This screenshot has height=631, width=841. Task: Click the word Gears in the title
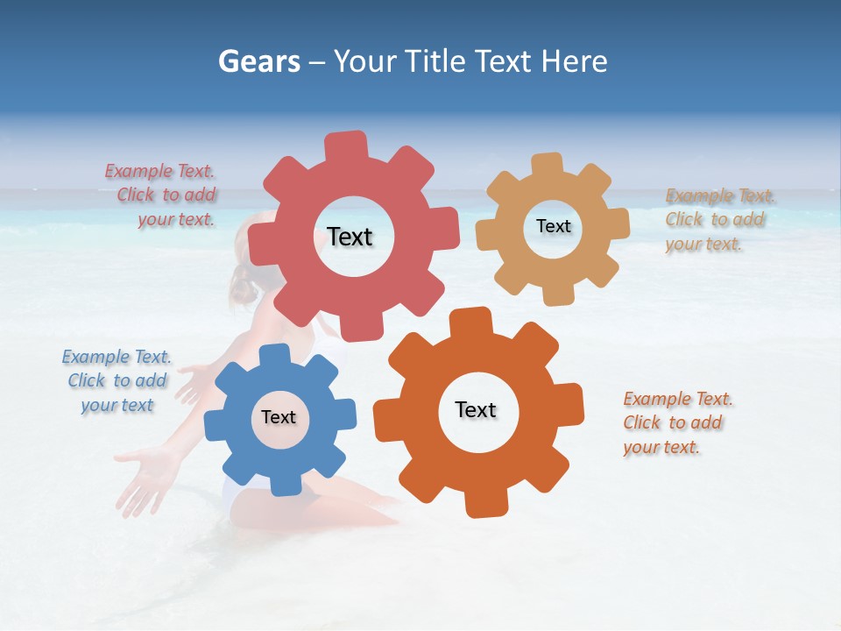(x=258, y=61)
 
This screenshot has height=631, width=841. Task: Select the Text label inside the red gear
(x=350, y=237)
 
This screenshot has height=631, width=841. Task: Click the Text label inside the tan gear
(x=553, y=226)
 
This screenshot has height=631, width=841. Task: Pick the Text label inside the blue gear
(x=279, y=417)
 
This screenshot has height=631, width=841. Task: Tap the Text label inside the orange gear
(x=476, y=409)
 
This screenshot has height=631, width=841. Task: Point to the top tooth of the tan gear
(x=548, y=165)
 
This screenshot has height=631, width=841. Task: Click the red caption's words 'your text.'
(x=176, y=220)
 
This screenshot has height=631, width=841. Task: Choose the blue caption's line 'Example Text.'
(x=117, y=357)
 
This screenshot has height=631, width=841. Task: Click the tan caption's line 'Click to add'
(x=715, y=220)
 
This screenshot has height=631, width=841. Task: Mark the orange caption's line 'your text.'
(x=661, y=447)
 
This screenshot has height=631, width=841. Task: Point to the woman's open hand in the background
(x=140, y=478)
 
